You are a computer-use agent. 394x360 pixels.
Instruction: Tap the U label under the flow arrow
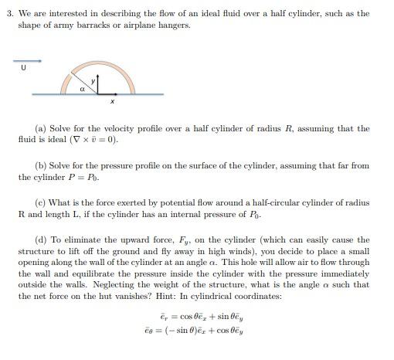23,68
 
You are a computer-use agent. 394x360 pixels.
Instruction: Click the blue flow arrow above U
27,60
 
